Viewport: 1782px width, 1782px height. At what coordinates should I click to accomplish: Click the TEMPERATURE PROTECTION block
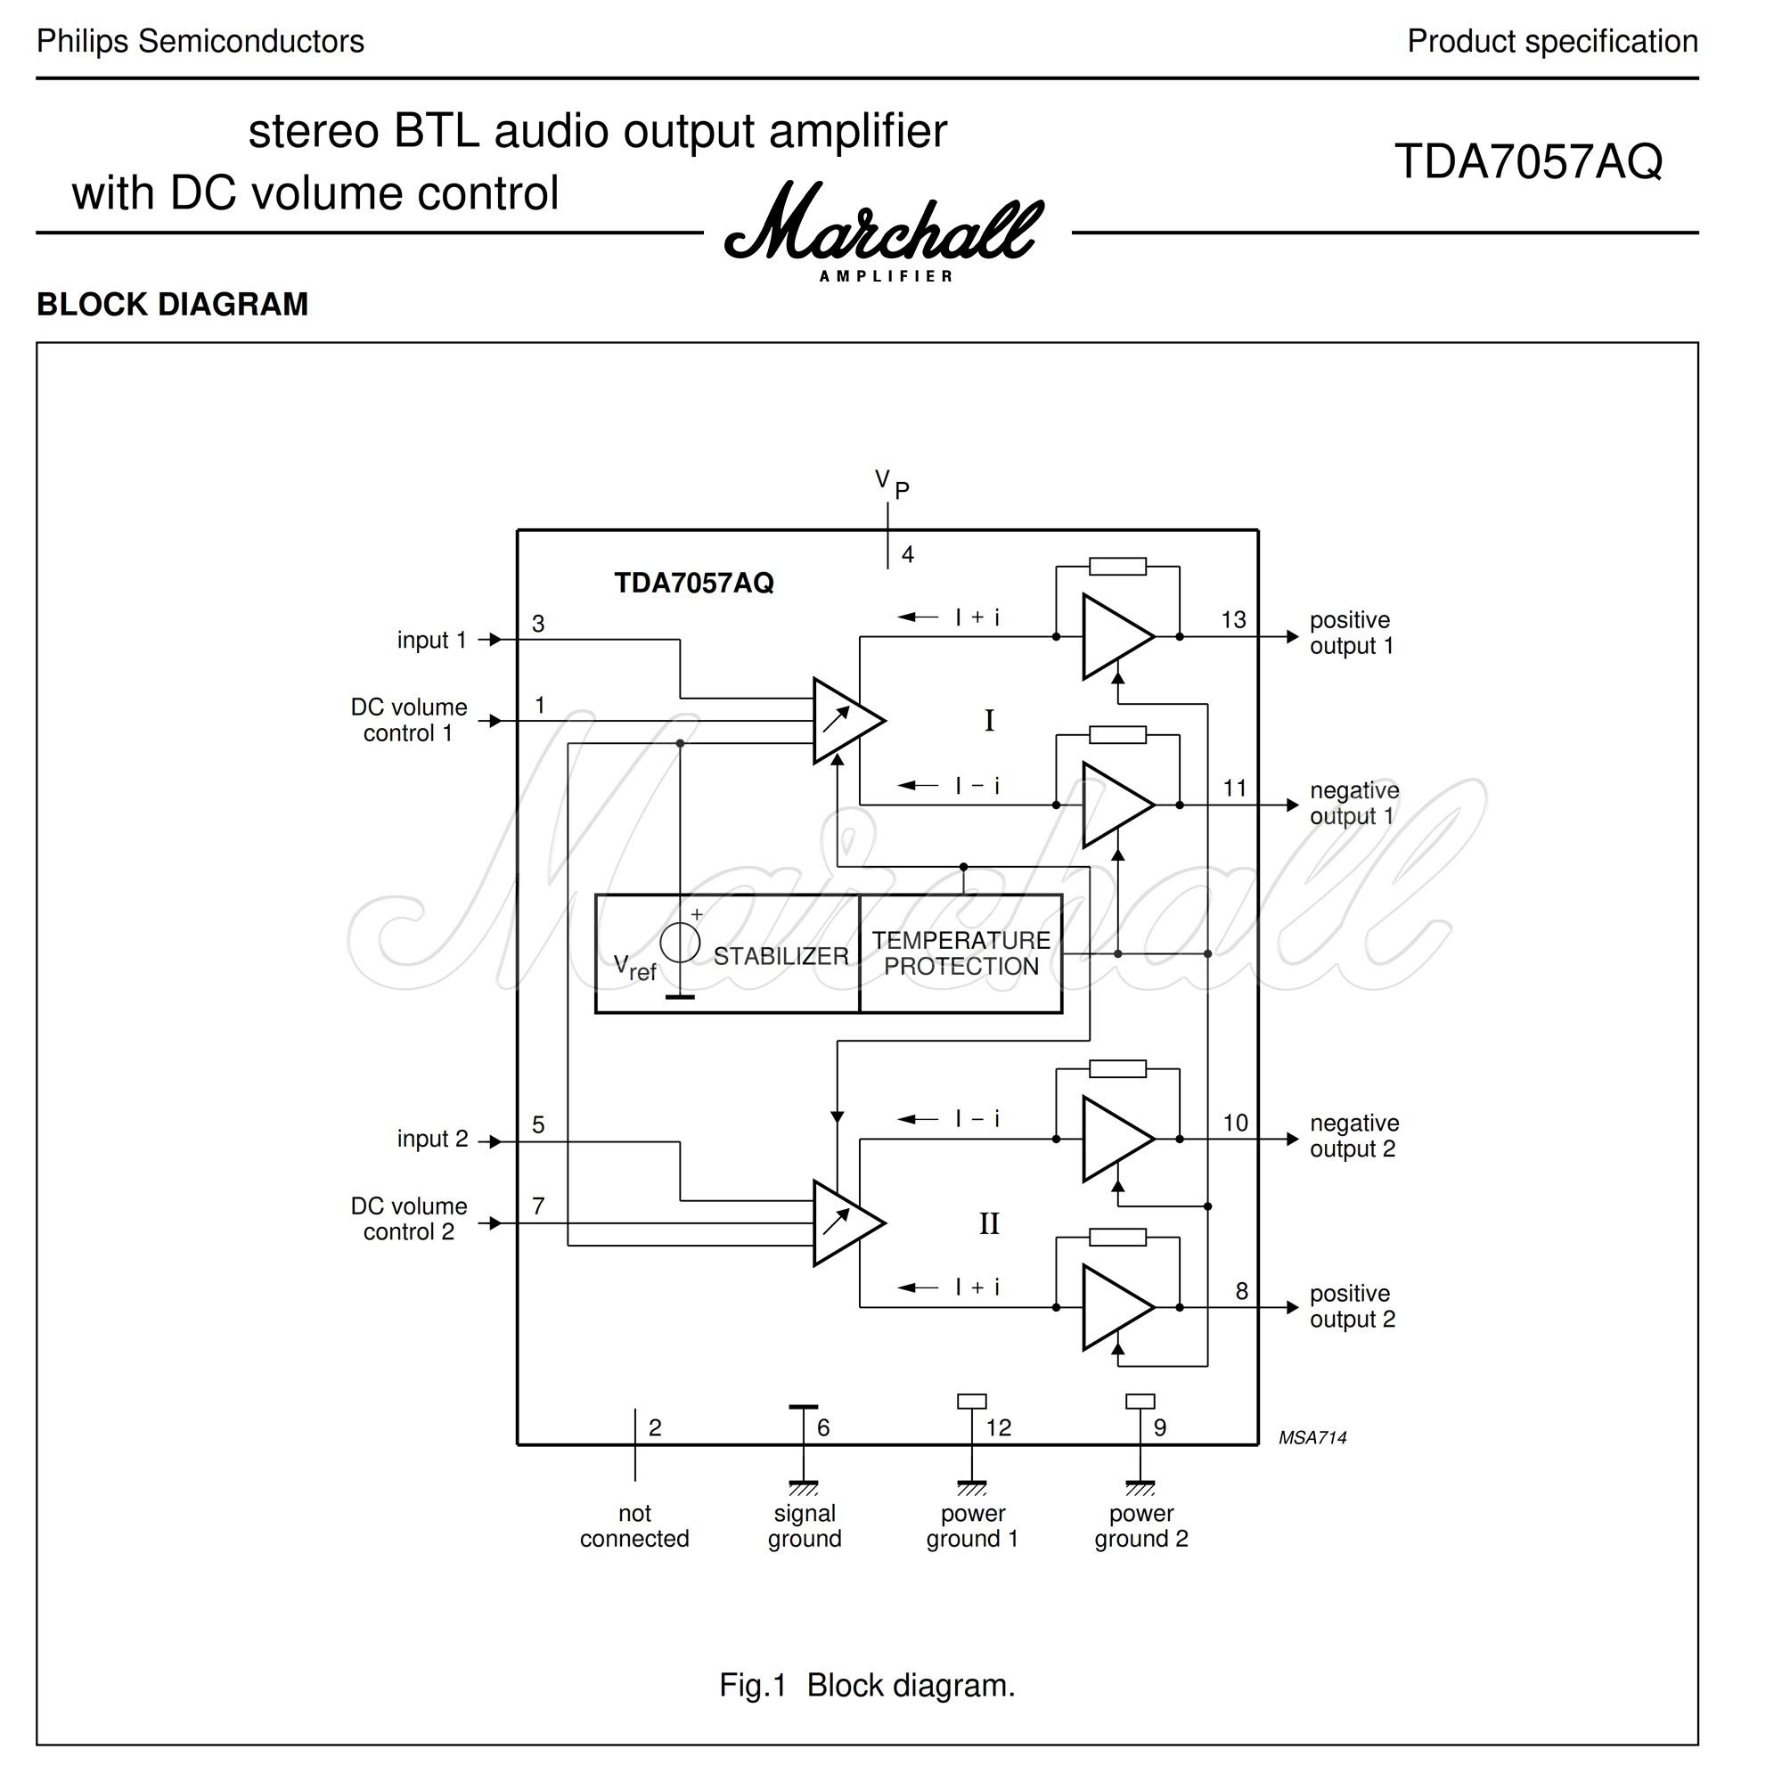pyautogui.click(x=960, y=953)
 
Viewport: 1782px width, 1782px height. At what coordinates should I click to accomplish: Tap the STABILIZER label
pyautogui.click(x=781, y=956)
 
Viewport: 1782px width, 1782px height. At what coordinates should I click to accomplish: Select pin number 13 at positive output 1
pyautogui.click(x=1233, y=620)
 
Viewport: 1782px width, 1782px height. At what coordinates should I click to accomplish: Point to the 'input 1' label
pyautogui.click(x=431, y=640)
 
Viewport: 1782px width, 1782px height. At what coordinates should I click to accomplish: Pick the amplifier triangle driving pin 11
pyautogui.click(x=1112, y=805)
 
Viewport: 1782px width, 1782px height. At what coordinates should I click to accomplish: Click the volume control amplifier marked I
pyautogui.click(x=844, y=720)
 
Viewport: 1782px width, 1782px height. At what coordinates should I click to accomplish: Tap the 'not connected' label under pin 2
pyautogui.click(x=634, y=1525)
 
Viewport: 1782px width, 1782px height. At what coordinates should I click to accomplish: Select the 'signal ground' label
pyautogui.click(x=805, y=1525)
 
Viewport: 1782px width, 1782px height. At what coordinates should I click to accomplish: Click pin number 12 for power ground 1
pyautogui.click(x=998, y=1427)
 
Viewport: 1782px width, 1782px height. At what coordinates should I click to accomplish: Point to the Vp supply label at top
pyautogui.click(x=891, y=482)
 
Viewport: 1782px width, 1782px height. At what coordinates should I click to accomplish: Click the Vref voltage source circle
pyautogui.click(x=681, y=943)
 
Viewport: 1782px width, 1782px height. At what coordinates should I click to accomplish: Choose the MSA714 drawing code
pyautogui.click(x=1312, y=1438)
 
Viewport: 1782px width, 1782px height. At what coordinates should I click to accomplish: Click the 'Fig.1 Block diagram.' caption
pyautogui.click(x=867, y=1685)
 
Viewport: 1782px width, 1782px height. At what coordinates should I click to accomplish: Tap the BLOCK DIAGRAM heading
pyautogui.click(x=173, y=305)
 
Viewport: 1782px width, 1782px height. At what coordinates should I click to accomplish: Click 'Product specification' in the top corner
pyautogui.click(x=1551, y=42)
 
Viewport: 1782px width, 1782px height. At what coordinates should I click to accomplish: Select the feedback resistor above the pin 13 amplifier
pyautogui.click(x=1117, y=567)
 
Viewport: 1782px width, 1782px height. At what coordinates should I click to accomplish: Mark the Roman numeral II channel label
pyautogui.click(x=989, y=1224)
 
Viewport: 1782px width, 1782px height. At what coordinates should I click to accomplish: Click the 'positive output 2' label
pyautogui.click(x=1353, y=1306)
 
